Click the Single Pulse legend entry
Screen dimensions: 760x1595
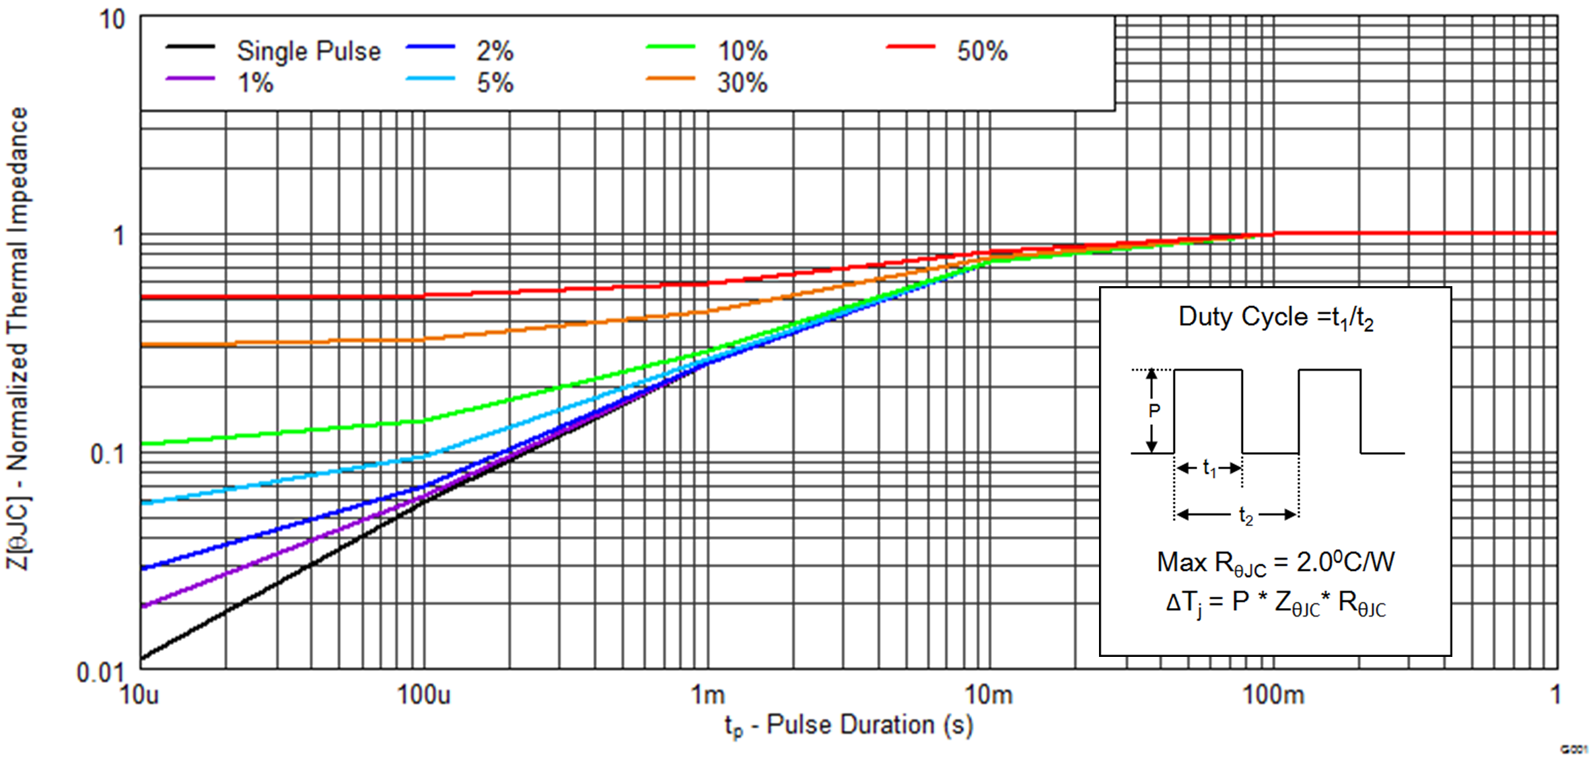(x=308, y=51)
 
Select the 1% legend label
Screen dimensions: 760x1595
(x=256, y=83)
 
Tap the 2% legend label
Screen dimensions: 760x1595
(x=495, y=51)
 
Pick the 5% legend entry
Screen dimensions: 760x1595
(x=495, y=83)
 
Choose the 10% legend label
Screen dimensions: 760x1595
(x=742, y=51)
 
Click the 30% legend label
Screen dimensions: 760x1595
(x=742, y=83)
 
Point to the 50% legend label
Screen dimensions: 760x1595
(x=982, y=51)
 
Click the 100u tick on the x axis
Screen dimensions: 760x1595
(x=423, y=695)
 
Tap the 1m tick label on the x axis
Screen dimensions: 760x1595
(x=707, y=695)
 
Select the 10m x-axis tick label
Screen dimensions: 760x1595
(x=989, y=695)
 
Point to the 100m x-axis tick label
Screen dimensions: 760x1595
(x=1273, y=695)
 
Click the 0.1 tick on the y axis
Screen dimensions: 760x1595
(x=107, y=455)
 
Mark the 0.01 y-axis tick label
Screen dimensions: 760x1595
(x=100, y=673)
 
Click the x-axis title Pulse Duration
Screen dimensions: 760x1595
(x=849, y=726)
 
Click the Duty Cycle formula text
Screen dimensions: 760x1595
(x=1276, y=318)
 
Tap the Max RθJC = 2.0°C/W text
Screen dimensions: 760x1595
(x=1275, y=563)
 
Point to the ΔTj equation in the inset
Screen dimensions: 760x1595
(x=1275, y=604)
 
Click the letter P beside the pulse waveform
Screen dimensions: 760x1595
(x=1154, y=410)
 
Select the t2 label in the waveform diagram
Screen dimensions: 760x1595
(x=1246, y=515)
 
